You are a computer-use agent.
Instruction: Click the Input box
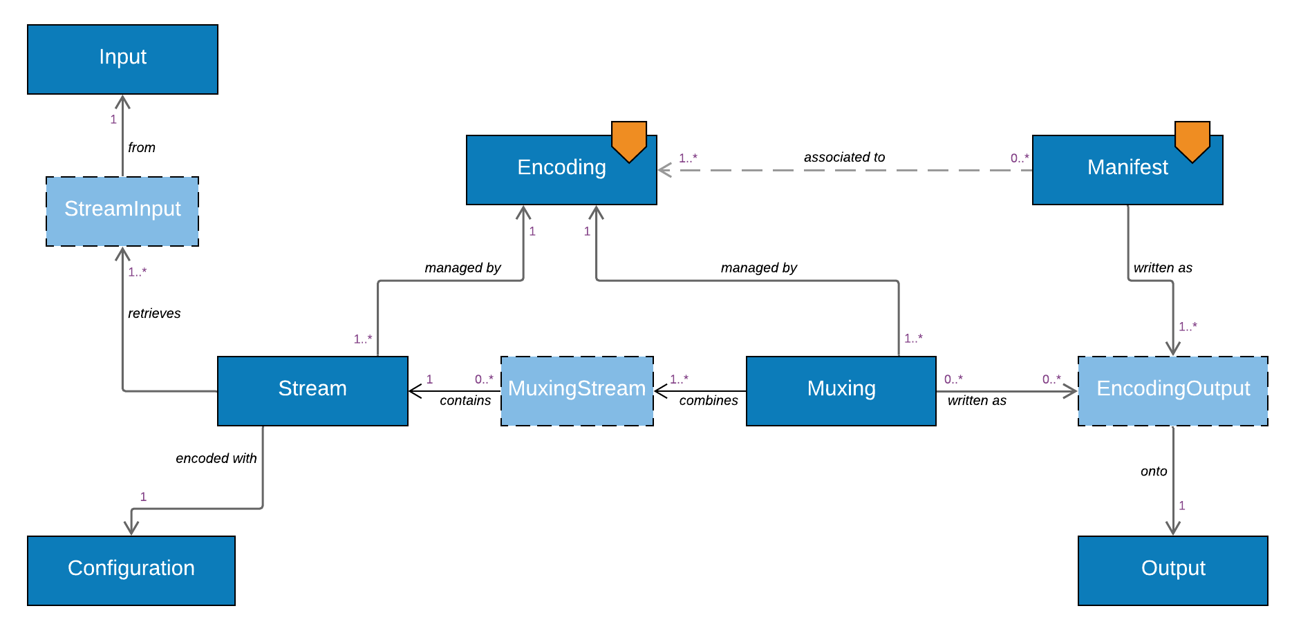(x=122, y=59)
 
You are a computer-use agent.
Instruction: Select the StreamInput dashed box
(x=122, y=211)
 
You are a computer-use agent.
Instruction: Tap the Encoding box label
(x=561, y=167)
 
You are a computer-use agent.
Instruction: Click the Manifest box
(x=1127, y=170)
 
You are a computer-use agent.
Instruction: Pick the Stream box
(x=312, y=390)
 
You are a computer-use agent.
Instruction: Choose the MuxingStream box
(x=577, y=390)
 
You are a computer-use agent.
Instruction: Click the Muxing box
(x=841, y=390)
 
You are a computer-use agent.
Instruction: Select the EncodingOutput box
(x=1172, y=390)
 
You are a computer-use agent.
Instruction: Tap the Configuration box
(x=131, y=570)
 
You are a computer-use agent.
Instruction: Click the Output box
(x=1172, y=570)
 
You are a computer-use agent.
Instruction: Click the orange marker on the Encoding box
(x=628, y=140)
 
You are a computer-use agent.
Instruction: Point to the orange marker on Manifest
(x=1192, y=140)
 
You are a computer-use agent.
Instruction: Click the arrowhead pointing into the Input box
(x=122, y=101)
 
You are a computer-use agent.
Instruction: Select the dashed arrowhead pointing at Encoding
(x=664, y=170)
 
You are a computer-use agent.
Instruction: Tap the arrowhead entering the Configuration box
(x=131, y=529)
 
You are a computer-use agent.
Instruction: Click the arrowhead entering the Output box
(x=1172, y=529)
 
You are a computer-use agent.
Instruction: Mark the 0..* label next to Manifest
(x=1019, y=158)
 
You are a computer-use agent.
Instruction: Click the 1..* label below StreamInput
(x=137, y=272)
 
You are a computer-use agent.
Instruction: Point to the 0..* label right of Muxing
(x=953, y=379)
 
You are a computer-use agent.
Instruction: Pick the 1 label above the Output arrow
(x=1181, y=506)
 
